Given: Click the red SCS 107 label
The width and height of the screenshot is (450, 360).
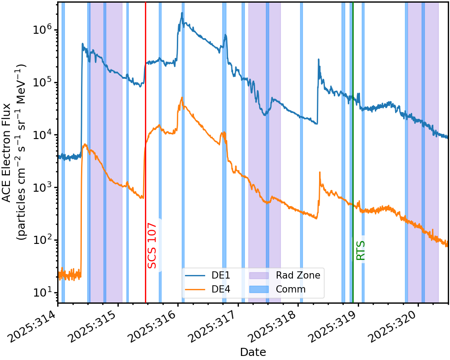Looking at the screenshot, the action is (x=152, y=246).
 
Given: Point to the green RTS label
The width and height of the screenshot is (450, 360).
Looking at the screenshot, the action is (x=360, y=251).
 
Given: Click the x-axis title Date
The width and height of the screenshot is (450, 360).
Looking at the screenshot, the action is (x=253, y=352).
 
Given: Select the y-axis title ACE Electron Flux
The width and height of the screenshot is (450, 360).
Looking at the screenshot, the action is (x=6, y=153).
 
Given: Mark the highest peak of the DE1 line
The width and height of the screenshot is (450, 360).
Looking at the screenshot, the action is (x=182, y=13).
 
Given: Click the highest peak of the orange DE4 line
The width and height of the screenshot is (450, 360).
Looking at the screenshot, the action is (x=182, y=97).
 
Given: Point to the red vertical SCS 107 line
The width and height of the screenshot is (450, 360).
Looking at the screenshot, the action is (x=145, y=153).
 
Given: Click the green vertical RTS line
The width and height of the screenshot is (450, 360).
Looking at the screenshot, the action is (x=353, y=153).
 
